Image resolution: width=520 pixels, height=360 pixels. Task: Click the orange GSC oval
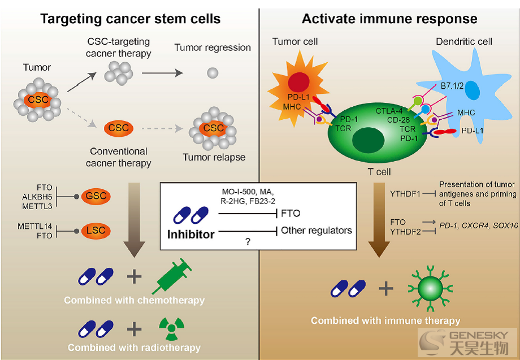(x=96, y=196)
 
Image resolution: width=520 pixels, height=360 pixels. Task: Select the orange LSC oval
(x=96, y=231)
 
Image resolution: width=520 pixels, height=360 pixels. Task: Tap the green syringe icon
(x=172, y=276)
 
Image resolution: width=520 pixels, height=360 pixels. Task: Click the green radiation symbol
(x=171, y=329)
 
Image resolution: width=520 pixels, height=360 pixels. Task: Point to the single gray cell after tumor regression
(x=213, y=72)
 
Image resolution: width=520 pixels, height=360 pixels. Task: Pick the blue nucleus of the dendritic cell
(x=472, y=90)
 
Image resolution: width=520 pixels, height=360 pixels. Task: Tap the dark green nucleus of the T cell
(x=368, y=141)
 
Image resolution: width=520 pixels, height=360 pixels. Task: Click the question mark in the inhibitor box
(x=248, y=242)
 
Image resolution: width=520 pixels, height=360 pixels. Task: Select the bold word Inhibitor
(x=190, y=235)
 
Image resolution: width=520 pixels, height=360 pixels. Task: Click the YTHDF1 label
(x=405, y=194)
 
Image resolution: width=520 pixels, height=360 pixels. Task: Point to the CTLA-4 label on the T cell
(x=389, y=111)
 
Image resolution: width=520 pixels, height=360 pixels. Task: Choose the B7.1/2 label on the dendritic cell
(x=452, y=86)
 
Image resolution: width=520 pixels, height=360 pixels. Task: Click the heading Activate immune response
(x=389, y=19)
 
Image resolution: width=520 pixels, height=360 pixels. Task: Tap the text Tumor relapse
(x=214, y=157)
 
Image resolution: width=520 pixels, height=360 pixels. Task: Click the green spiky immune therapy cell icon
(x=430, y=289)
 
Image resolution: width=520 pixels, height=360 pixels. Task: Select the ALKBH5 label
(x=37, y=197)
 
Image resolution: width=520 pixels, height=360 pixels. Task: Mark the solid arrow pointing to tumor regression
(x=163, y=73)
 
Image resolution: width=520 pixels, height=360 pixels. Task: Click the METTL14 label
(x=35, y=227)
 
